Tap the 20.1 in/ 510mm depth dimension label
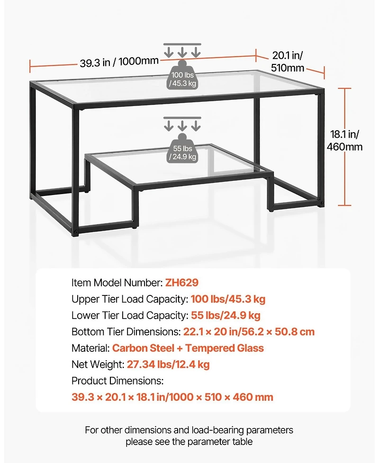pyautogui.click(x=288, y=62)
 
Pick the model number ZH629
pyautogui.click(x=181, y=283)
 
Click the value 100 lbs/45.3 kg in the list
pyautogui.click(x=228, y=299)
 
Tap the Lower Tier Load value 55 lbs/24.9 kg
pyautogui.click(x=226, y=315)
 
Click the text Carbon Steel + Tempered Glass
pyautogui.click(x=188, y=348)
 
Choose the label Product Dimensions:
pyautogui.click(x=117, y=381)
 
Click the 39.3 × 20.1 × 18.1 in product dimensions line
pyautogui.click(x=172, y=397)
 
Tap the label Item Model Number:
pyautogui.click(x=117, y=283)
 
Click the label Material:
pyautogui.click(x=90, y=348)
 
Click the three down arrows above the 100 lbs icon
pyautogui.click(x=182, y=50)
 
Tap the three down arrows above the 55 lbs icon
pyautogui.click(x=182, y=124)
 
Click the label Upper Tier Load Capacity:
pyautogui.click(x=129, y=299)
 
